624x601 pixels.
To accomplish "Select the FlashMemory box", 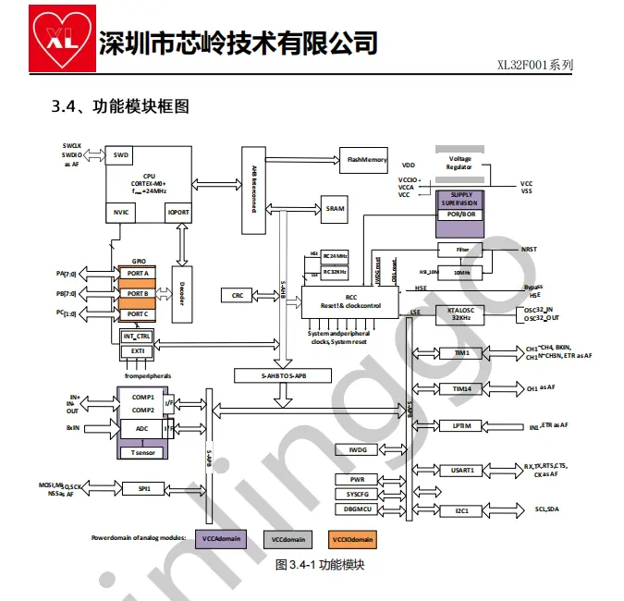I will [366, 160].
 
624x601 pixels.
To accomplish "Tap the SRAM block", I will [335, 209].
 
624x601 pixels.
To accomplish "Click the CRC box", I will [238, 295].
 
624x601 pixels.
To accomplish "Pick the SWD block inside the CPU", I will [120, 155].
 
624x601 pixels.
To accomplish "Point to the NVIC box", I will [120, 211].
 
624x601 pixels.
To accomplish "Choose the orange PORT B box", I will [139, 293].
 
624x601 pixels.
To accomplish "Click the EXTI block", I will [137, 351].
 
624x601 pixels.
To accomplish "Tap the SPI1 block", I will [143, 487].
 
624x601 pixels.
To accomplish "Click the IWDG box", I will [357, 450].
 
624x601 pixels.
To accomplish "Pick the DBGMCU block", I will [357, 509].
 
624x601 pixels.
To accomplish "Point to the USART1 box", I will [461, 470].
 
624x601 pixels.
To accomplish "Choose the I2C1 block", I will [461, 509].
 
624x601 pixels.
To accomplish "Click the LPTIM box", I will [461, 426].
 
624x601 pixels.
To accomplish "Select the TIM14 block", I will [461, 389].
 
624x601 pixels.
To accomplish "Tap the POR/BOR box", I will [460, 215].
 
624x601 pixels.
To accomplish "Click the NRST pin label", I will [529, 249].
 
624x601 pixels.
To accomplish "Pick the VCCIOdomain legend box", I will [352, 538].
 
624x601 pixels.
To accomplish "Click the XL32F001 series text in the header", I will [535, 65].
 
